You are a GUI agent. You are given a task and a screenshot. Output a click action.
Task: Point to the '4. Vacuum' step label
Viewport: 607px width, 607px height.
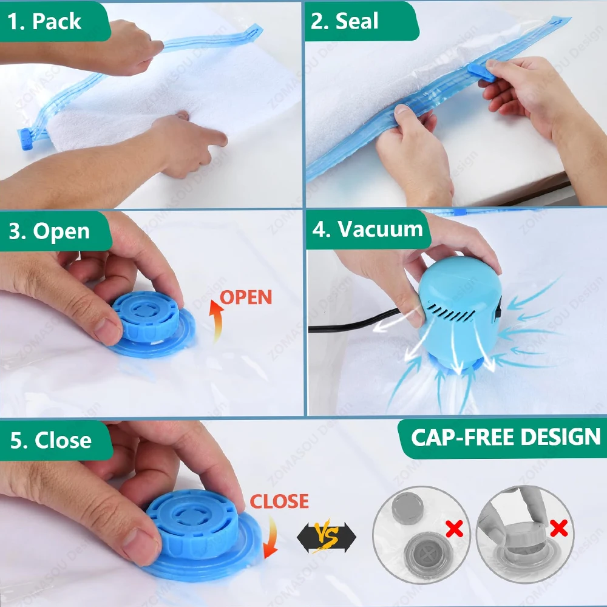click(367, 229)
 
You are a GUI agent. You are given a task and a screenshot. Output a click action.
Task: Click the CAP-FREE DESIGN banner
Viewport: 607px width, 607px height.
click(505, 437)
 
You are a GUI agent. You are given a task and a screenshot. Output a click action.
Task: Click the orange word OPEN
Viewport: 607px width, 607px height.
click(245, 297)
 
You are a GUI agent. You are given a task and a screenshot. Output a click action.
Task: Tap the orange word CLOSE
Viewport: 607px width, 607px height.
click(279, 501)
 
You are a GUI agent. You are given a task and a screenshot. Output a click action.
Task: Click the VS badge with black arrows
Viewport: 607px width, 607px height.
click(326, 535)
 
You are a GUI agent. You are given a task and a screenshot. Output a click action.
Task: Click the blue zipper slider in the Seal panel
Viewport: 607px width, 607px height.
click(480, 72)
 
